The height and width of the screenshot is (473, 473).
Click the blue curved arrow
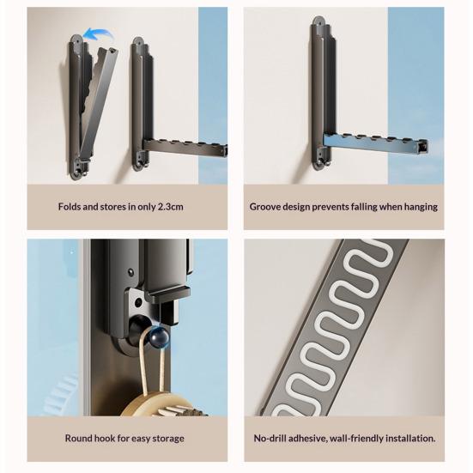(98, 33)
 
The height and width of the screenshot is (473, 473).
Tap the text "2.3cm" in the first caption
(171, 207)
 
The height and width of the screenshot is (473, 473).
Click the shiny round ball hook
(160, 335)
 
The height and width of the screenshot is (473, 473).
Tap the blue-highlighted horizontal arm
(375, 144)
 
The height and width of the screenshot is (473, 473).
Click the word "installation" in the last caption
(410, 438)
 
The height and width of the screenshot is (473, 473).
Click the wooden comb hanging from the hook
(163, 404)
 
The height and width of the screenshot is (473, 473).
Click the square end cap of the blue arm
(422, 147)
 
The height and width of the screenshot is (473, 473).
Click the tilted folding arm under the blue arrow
(99, 102)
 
